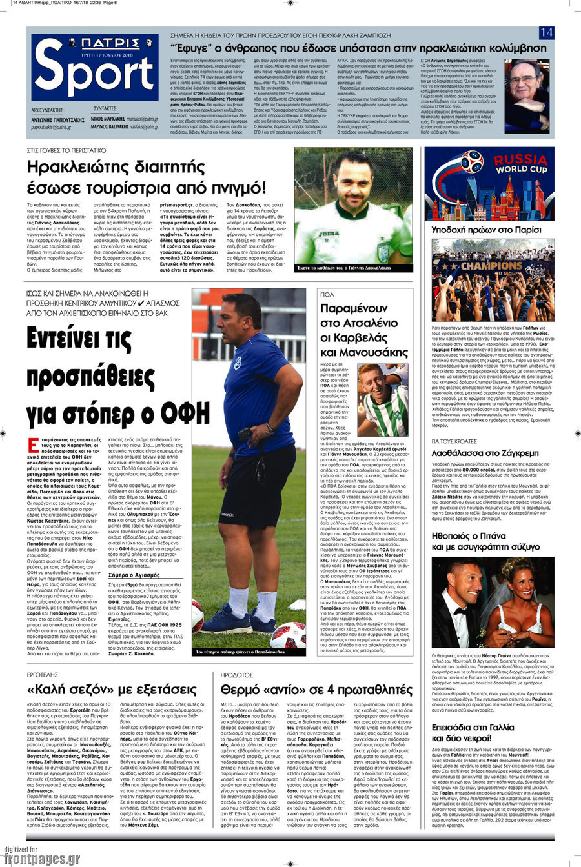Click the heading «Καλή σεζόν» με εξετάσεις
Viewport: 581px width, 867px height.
pos(112,688)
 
